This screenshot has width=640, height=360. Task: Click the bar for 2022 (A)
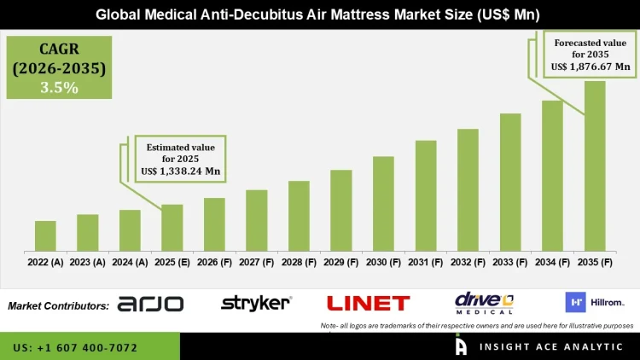pyautogui.click(x=45, y=236)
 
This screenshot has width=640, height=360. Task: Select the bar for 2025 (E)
pyautogui.click(x=172, y=228)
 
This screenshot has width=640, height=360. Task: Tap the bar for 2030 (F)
pyautogui.click(x=383, y=204)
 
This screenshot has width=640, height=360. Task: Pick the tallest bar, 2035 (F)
pyautogui.click(x=595, y=166)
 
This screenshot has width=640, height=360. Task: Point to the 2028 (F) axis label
pyautogui.click(x=299, y=263)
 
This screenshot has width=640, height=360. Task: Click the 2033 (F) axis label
pyautogui.click(x=510, y=263)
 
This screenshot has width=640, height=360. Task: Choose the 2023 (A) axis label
pyautogui.click(x=87, y=263)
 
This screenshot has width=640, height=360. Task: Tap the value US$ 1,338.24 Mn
pyautogui.click(x=181, y=171)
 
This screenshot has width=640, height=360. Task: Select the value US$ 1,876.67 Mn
pyautogui.click(x=591, y=66)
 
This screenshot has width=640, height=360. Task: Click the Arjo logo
pyautogui.click(x=150, y=304)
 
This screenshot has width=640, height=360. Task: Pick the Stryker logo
pyautogui.click(x=256, y=303)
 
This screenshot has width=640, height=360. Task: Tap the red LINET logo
pyautogui.click(x=368, y=303)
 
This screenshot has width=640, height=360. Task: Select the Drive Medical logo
pyautogui.click(x=484, y=302)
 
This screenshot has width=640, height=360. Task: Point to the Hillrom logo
pyautogui.click(x=594, y=302)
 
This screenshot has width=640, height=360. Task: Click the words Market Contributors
pyautogui.click(x=58, y=305)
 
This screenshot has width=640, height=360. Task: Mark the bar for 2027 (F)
pyautogui.click(x=257, y=220)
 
